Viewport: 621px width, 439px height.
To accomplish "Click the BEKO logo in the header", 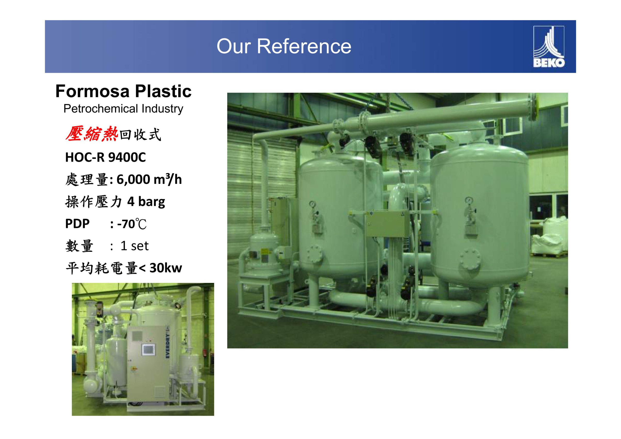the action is click(x=549, y=46).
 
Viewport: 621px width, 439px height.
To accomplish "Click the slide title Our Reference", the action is click(x=284, y=46).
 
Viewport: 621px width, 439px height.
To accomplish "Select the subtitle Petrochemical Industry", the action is click(x=123, y=109).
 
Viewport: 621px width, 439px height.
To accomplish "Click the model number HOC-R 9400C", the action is click(x=106, y=157).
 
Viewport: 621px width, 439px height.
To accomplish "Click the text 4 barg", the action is click(x=146, y=202).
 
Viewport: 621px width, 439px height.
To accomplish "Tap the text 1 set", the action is click(x=134, y=246).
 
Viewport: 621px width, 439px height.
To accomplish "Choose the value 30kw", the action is click(x=165, y=268).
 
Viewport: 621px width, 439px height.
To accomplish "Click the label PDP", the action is click(x=77, y=224).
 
